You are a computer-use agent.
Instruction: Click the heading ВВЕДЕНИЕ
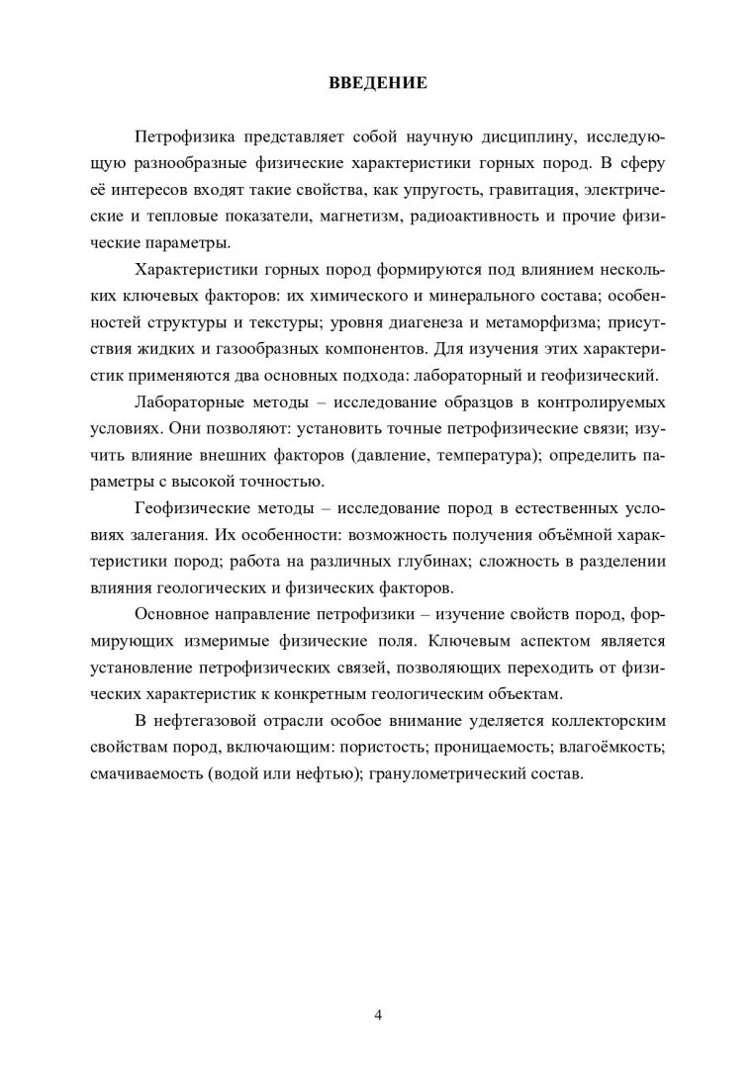(x=378, y=84)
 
